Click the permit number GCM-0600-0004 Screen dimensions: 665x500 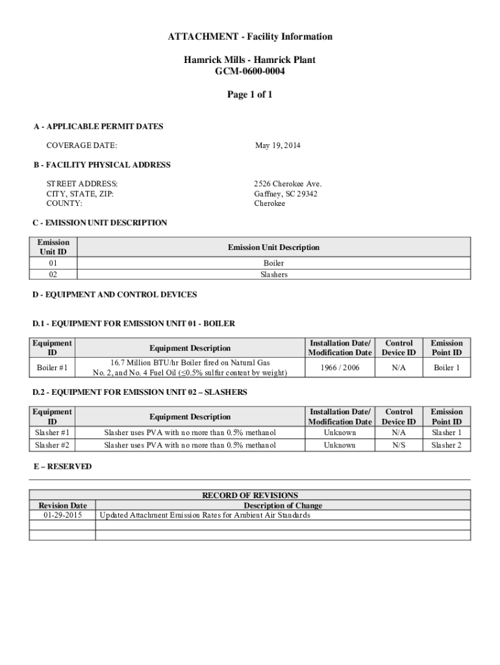point(249,71)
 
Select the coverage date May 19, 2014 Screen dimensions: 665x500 point(277,145)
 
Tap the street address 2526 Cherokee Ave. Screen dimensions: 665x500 point(288,184)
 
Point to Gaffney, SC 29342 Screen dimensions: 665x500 point(286,194)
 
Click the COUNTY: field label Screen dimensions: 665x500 point(64,203)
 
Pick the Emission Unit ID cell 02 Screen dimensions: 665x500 point(53,274)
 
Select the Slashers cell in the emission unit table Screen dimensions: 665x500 point(273,274)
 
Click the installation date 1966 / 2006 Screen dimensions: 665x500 point(340,368)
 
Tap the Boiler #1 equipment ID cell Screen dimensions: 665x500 point(52,368)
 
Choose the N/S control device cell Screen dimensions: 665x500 point(399,445)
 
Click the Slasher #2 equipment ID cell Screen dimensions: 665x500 point(52,445)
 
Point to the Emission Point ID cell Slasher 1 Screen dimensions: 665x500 point(447,433)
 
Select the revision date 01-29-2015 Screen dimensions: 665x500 point(62,515)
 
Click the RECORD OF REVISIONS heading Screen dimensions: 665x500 point(250,496)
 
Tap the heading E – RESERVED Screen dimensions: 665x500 point(62,466)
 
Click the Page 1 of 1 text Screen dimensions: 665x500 point(249,95)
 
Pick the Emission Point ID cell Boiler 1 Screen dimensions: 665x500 point(447,368)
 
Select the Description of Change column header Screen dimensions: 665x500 point(282,505)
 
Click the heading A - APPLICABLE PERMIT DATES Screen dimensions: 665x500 point(98,126)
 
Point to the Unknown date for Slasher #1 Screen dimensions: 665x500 point(340,433)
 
